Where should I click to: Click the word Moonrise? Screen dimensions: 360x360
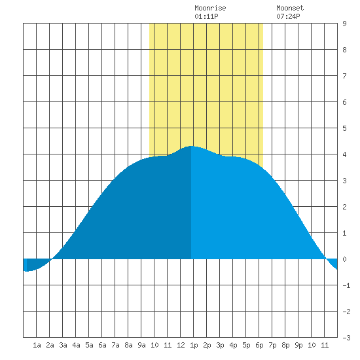[210, 8]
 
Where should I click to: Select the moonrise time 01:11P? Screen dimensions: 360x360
[206, 16]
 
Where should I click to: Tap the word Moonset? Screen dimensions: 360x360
[290, 8]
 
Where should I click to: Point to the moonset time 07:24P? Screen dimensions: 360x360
[288, 16]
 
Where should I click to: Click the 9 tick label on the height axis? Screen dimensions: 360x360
[344, 24]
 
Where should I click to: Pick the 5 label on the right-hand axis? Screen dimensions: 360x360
[344, 128]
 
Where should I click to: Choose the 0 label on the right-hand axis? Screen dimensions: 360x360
[344, 259]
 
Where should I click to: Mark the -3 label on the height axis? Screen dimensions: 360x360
[346, 338]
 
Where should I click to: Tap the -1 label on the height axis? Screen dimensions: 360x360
[346, 285]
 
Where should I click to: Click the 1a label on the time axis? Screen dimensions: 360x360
[37, 345]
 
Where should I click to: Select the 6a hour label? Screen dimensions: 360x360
[102, 345]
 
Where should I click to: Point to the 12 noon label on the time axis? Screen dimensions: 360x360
[181, 345]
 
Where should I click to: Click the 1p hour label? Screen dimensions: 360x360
[194, 345]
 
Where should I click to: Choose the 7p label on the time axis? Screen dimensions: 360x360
[272, 345]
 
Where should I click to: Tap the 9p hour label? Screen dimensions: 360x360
[298, 345]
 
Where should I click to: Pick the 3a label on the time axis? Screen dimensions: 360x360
[63, 345]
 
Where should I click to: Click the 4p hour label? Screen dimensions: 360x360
[233, 345]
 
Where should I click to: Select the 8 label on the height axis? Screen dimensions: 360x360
[344, 50]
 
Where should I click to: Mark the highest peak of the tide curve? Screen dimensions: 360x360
[191, 146]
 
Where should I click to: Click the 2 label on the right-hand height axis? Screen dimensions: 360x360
[344, 207]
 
